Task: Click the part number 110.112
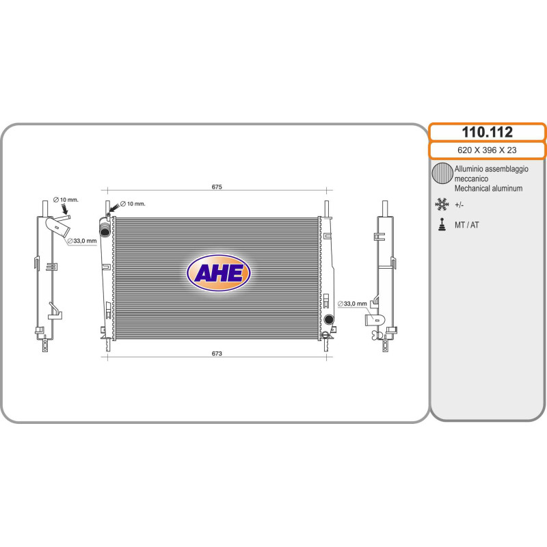click(x=487, y=132)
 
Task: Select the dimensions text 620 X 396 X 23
click(x=487, y=150)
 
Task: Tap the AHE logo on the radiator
click(x=219, y=272)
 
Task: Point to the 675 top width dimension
click(x=217, y=187)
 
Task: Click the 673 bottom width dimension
click(x=217, y=353)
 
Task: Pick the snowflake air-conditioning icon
click(x=442, y=204)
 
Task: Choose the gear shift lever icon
click(x=442, y=225)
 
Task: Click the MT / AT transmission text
click(x=467, y=225)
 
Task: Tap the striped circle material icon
click(x=442, y=173)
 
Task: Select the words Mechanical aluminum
click(x=488, y=189)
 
